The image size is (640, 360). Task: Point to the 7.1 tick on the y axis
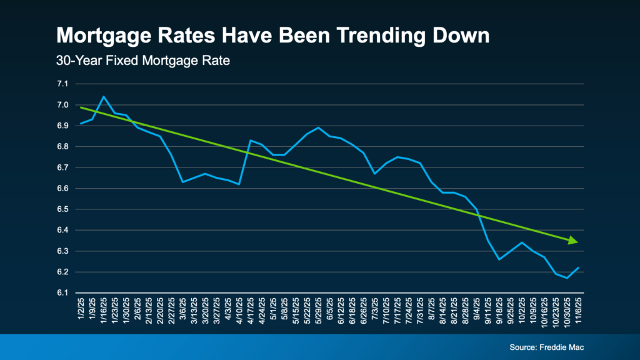tap(62, 84)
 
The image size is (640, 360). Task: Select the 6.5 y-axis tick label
tap(62, 209)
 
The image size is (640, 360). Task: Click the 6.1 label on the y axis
tap(62, 293)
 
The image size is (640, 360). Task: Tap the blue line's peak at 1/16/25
tap(104, 97)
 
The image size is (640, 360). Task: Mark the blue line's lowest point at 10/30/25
tap(567, 278)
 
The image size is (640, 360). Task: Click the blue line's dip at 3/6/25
tap(182, 182)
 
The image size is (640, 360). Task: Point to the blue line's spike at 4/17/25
tap(250, 141)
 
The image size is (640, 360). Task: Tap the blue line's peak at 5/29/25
tap(319, 127)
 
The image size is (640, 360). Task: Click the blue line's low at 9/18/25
tap(499, 259)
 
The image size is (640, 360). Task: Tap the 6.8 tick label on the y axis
tap(62, 146)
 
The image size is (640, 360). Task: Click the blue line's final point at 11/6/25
tap(579, 267)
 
